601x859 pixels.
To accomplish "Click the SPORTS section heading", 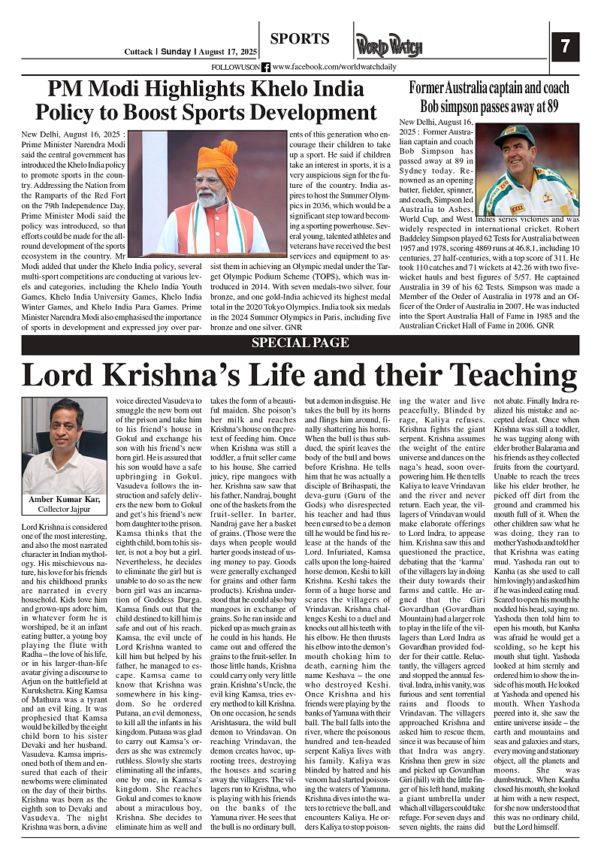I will (x=300, y=39).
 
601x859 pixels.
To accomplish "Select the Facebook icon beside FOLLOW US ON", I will (x=266, y=67).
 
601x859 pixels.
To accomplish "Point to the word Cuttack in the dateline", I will (x=140, y=52).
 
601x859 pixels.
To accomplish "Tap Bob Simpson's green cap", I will (x=515, y=134).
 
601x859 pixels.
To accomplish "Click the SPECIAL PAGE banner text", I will (x=300, y=343).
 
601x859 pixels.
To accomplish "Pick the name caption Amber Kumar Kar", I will (x=64, y=500).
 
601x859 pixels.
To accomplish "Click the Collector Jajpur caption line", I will (x=64, y=510).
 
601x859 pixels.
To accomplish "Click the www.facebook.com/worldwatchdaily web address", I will (x=323, y=67).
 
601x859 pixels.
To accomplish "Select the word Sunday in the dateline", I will (x=177, y=52).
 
